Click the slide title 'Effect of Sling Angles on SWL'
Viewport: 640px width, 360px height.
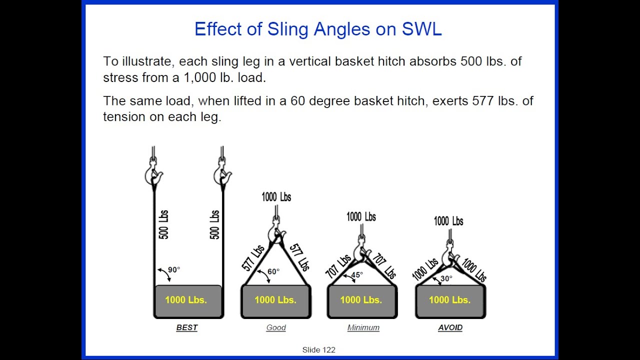(318, 29)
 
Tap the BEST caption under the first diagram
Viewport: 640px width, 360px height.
(187, 327)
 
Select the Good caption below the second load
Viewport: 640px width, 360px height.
(276, 327)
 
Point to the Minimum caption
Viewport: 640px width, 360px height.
(363, 327)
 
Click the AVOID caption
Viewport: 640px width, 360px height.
(450, 327)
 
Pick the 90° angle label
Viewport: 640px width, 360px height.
(173, 270)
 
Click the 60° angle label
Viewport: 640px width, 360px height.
(273, 272)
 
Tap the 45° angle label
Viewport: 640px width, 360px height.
(356, 274)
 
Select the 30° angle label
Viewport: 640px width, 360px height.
(446, 278)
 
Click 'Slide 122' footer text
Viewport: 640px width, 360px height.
(318, 350)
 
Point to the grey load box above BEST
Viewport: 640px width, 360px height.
(188, 301)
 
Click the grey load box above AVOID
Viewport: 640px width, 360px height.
(450, 301)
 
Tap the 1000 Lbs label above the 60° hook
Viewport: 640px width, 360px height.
(276, 197)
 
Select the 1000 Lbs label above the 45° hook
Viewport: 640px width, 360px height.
(361, 217)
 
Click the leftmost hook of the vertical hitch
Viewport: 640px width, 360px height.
(153, 172)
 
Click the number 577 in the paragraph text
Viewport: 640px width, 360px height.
(483, 101)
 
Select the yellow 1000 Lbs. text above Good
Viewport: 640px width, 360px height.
(275, 300)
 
